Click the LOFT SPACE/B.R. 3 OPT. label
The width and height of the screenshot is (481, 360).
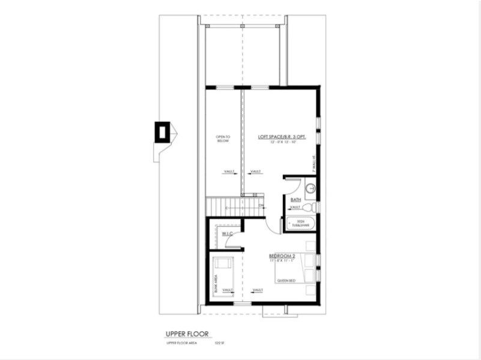[282, 136]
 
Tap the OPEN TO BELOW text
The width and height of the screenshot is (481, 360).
[223, 139]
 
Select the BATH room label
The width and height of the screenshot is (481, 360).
[295, 199]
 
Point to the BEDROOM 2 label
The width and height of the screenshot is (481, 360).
[282, 256]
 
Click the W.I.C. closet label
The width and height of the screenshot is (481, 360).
[228, 233]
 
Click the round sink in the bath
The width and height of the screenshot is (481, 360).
[310, 188]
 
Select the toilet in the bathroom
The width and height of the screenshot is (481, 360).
[307, 207]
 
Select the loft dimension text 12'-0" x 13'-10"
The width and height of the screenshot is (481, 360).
[282, 142]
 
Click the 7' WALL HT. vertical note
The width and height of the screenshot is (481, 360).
[313, 164]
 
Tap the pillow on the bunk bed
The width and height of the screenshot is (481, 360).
[226, 262]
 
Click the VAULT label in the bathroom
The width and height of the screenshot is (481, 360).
[295, 207]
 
